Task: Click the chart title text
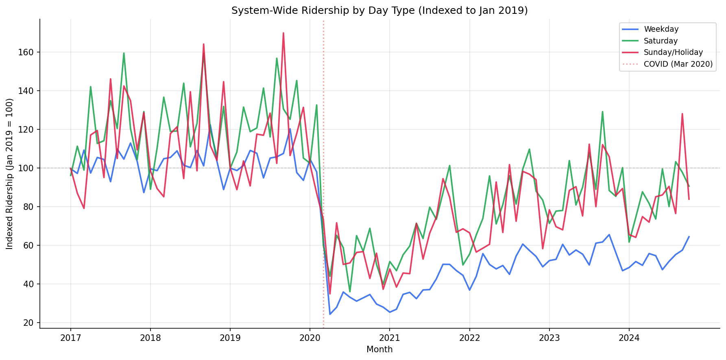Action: pos(379,11)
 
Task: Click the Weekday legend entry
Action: pos(661,29)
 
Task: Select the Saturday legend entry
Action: pos(661,41)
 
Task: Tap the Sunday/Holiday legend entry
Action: pos(673,52)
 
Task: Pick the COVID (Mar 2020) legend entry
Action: pos(678,64)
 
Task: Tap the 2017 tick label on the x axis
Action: pos(70,338)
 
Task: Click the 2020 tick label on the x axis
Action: pos(310,338)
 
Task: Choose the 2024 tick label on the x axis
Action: pos(629,338)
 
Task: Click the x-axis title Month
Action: pos(379,349)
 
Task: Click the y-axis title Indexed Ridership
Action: pos(10,174)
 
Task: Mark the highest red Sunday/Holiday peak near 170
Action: pos(283,33)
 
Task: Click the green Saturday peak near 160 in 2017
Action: pos(124,53)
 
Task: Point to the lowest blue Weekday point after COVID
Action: pos(330,314)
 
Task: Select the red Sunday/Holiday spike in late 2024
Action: pos(682,114)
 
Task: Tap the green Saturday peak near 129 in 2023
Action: pos(602,112)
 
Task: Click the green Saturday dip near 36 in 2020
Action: pos(350,292)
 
